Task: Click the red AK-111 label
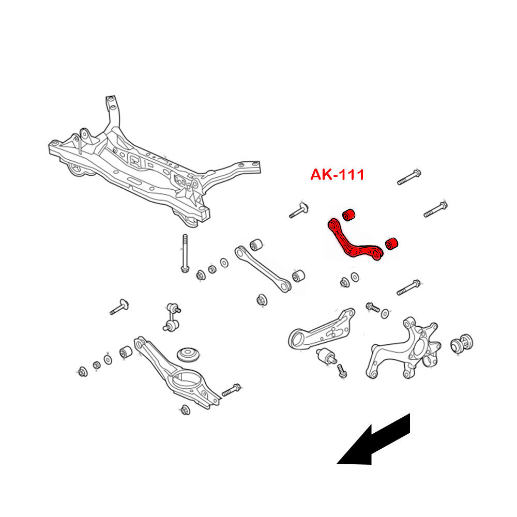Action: [x=337, y=175]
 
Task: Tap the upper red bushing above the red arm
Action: [x=349, y=213]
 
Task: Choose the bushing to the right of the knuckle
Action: [x=462, y=344]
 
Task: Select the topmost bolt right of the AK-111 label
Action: [x=410, y=177]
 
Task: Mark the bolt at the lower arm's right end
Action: [x=231, y=390]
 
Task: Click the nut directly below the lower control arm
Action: [x=186, y=410]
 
